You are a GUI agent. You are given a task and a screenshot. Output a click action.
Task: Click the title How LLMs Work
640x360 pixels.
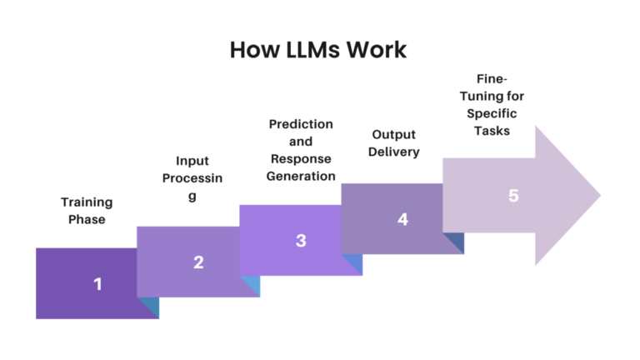(x=318, y=50)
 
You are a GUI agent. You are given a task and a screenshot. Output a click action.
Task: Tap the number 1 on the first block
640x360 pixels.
(x=97, y=284)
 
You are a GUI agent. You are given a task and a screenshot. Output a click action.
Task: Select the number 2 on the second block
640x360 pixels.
(x=198, y=262)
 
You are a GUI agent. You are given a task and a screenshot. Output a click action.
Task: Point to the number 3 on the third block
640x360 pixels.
(x=301, y=241)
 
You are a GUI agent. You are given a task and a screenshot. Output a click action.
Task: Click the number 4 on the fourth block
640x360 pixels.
(x=403, y=220)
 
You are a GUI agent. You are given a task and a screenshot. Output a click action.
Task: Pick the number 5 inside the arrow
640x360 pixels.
(x=513, y=196)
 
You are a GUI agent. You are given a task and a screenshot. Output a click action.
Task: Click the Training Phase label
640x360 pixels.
(x=86, y=210)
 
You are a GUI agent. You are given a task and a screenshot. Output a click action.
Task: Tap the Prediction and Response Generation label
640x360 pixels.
(x=301, y=149)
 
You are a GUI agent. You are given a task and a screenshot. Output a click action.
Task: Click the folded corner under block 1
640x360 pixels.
(x=151, y=307)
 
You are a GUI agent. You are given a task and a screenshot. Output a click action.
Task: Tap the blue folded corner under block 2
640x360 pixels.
(x=252, y=287)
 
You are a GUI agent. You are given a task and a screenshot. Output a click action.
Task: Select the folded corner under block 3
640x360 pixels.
(x=355, y=265)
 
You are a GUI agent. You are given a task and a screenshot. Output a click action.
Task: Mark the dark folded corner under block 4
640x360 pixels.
(x=456, y=243)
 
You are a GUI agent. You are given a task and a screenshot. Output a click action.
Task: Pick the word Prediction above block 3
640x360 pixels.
(x=301, y=123)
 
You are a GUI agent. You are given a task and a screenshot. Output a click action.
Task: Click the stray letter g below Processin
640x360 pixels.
(x=192, y=197)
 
